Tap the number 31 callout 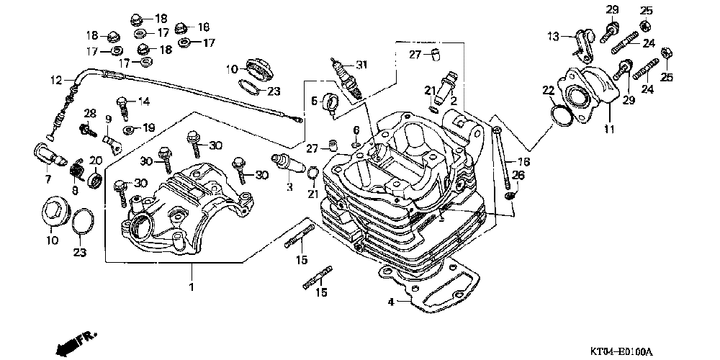(x=361, y=66)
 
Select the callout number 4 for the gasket (x=391, y=302)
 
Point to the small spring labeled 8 (x=78, y=171)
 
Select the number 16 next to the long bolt (x=523, y=162)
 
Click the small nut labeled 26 (x=510, y=195)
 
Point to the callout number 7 (x=48, y=179)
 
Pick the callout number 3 (x=289, y=187)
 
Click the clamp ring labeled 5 (x=333, y=104)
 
